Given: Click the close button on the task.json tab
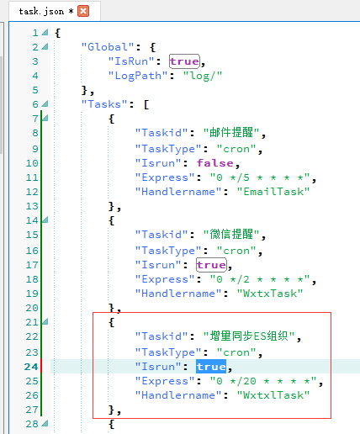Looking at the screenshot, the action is [x=83, y=11].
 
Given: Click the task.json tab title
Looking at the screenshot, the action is [x=41, y=11].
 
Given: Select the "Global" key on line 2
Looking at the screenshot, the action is [x=108, y=47].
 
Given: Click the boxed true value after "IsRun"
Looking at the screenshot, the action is [x=184, y=61].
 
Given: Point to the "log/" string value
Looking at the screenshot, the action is [x=203, y=76].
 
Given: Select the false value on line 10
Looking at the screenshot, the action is [x=214, y=163].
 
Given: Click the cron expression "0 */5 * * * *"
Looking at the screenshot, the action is [x=260, y=177].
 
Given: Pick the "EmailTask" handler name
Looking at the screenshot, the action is [x=273, y=192].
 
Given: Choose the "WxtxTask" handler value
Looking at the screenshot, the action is [x=270, y=294].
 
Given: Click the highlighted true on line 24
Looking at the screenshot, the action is [x=211, y=367].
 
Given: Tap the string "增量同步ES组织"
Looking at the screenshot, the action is [x=249, y=336].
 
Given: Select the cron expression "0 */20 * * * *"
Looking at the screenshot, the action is [x=263, y=381].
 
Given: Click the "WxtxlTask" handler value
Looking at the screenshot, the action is [x=273, y=395].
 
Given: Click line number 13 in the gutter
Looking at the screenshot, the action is [x=32, y=206].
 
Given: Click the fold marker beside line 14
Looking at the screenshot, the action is [x=45, y=220].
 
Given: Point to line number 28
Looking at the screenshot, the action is [x=32, y=424].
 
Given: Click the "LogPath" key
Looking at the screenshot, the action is [x=138, y=76].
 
